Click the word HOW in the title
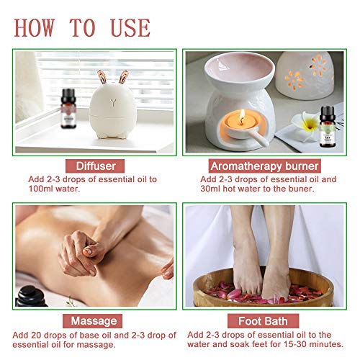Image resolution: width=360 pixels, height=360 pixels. coord(35,27)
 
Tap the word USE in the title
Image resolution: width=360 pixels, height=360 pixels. coord(130,27)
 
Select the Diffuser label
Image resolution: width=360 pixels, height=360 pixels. coord(95,166)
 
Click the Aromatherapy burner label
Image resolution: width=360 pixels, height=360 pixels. coord(264,166)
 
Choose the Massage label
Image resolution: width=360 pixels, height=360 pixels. coord(93,321)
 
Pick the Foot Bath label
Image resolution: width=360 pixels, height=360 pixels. coord(263,321)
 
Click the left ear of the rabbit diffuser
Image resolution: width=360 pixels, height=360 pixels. coord(102,77)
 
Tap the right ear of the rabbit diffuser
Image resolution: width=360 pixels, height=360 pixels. coord(123,77)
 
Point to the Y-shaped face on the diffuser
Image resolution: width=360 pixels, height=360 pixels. coord(113,102)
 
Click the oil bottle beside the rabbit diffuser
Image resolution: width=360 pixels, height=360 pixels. coord(68,109)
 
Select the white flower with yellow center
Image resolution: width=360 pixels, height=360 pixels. coord(305,125)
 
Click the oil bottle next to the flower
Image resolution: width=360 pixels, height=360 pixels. coord(328,127)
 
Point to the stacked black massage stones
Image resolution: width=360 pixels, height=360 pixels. coord(30,297)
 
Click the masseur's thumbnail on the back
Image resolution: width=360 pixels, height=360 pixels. coord(88,251)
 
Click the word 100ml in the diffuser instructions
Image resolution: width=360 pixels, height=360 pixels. coord(40,189)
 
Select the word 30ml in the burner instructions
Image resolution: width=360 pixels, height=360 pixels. coord(210,189)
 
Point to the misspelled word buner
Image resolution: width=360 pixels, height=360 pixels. coord(302,189)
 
